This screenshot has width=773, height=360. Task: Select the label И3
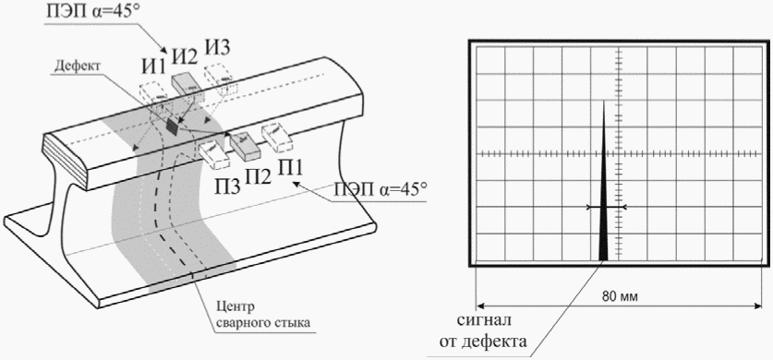[x=218, y=49]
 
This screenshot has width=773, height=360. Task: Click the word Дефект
[x=77, y=66]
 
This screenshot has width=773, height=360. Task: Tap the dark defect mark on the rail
[x=172, y=126]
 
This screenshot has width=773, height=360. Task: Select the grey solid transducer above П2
[x=246, y=145]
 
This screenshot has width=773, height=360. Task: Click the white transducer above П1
[x=276, y=137]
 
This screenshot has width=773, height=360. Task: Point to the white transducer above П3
[x=213, y=153]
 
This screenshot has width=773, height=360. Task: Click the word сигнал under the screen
[x=484, y=320]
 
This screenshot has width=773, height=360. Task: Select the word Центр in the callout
[x=236, y=308]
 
